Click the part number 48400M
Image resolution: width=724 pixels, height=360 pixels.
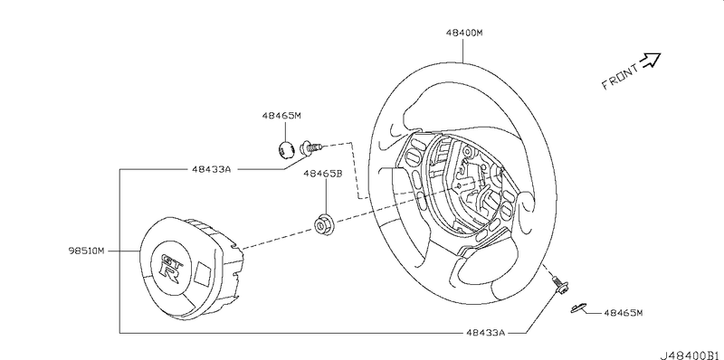(464, 33)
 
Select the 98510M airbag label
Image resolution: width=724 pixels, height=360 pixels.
(87, 251)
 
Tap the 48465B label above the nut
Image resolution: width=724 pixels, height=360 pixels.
(322, 174)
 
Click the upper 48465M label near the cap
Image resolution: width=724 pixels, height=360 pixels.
(281, 116)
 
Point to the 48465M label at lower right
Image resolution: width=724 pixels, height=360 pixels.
(623, 313)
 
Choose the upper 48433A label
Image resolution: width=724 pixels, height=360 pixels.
(211, 169)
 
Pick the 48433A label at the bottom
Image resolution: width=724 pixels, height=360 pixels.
(486, 332)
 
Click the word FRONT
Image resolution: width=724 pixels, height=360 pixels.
(621, 77)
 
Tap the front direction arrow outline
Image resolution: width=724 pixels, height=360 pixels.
(651, 60)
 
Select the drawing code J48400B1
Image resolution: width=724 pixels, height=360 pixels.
(691, 355)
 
